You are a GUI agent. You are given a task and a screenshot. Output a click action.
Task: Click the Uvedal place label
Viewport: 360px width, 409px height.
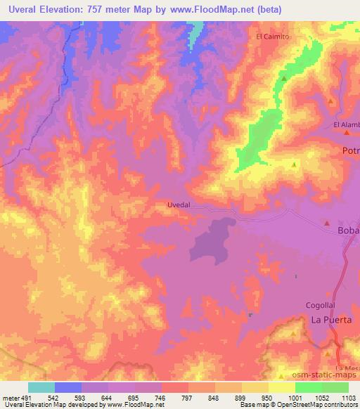[179, 205]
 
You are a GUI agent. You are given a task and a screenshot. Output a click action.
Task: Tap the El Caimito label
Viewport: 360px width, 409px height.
[271, 36]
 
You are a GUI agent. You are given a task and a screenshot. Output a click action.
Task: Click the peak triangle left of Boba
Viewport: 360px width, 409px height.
[327, 223]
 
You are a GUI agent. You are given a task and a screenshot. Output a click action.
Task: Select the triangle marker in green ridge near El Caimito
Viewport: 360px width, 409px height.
[284, 79]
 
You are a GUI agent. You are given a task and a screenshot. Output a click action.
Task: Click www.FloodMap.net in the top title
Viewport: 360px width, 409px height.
[224, 9]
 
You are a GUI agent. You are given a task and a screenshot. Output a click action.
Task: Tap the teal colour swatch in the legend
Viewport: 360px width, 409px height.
[41, 387]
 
